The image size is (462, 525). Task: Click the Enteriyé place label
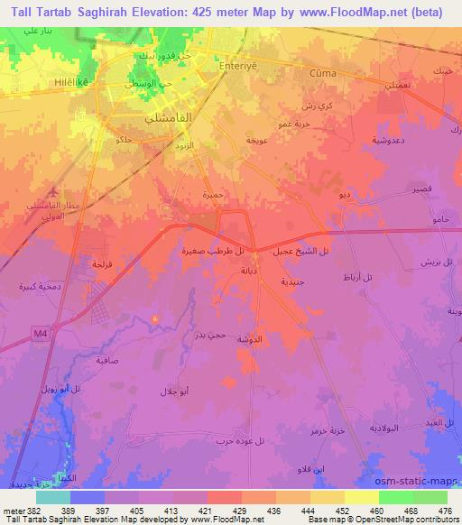233,66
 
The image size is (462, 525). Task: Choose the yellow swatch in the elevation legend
362,497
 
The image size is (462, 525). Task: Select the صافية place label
106,359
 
